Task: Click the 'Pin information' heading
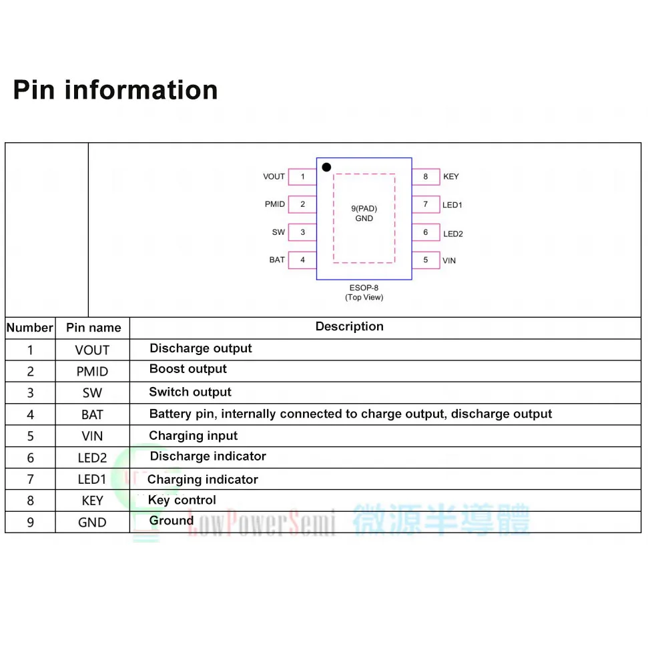[115, 90]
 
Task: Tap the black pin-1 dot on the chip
[326, 167]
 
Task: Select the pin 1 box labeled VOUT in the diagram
[302, 177]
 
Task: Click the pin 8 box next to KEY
[426, 177]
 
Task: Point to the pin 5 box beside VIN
[426, 260]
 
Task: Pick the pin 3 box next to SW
[302, 232]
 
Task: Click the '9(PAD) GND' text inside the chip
[364, 214]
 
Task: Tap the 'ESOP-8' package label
[364, 288]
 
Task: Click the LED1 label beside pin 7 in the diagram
[452, 205]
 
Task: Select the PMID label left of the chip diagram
[275, 204]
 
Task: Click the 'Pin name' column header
[93, 328]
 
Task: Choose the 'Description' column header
[349, 326]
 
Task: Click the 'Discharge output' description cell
[201, 348]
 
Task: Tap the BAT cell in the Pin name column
[92, 415]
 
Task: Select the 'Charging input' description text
[193, 436]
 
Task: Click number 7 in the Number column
[30, 479]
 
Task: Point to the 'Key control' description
[182, 500]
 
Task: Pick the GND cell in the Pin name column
[92, 523]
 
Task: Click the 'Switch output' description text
[190, 392]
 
